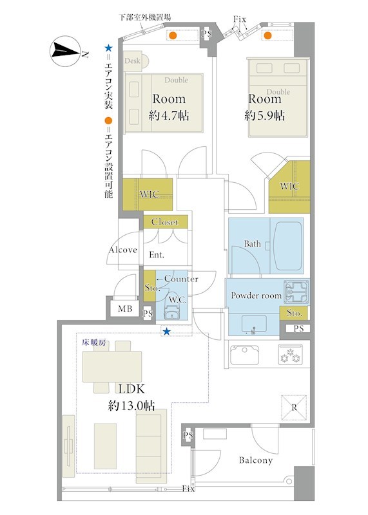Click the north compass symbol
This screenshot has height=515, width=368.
click(65, 51)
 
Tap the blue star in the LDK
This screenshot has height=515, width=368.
click(167, 332)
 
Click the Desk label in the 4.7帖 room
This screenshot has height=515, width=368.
click(132, 61)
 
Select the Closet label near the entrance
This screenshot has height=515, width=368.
click(165, 222)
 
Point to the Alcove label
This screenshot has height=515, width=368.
click(122, 250)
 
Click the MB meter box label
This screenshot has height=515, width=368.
click(125, 309)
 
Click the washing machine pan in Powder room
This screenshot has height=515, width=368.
click(296, 292)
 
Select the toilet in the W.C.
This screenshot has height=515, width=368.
click(171, 312)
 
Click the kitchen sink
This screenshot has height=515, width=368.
click(244, 355)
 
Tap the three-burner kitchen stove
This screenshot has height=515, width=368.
click(291, 355)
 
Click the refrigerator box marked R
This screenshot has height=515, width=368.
click(294, 407)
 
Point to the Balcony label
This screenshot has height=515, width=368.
click(256, 460)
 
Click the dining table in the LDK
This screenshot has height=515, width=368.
click(111, 366)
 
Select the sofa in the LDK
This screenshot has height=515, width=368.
click(151, 445)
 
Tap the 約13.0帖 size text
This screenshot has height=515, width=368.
click(131, 406)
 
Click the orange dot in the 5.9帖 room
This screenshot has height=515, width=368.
click(268, 35)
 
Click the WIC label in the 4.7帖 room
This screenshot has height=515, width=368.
click(150, 194)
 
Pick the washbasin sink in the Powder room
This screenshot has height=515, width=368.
click(254, 324)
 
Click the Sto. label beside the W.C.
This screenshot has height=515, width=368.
click(151, 288)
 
